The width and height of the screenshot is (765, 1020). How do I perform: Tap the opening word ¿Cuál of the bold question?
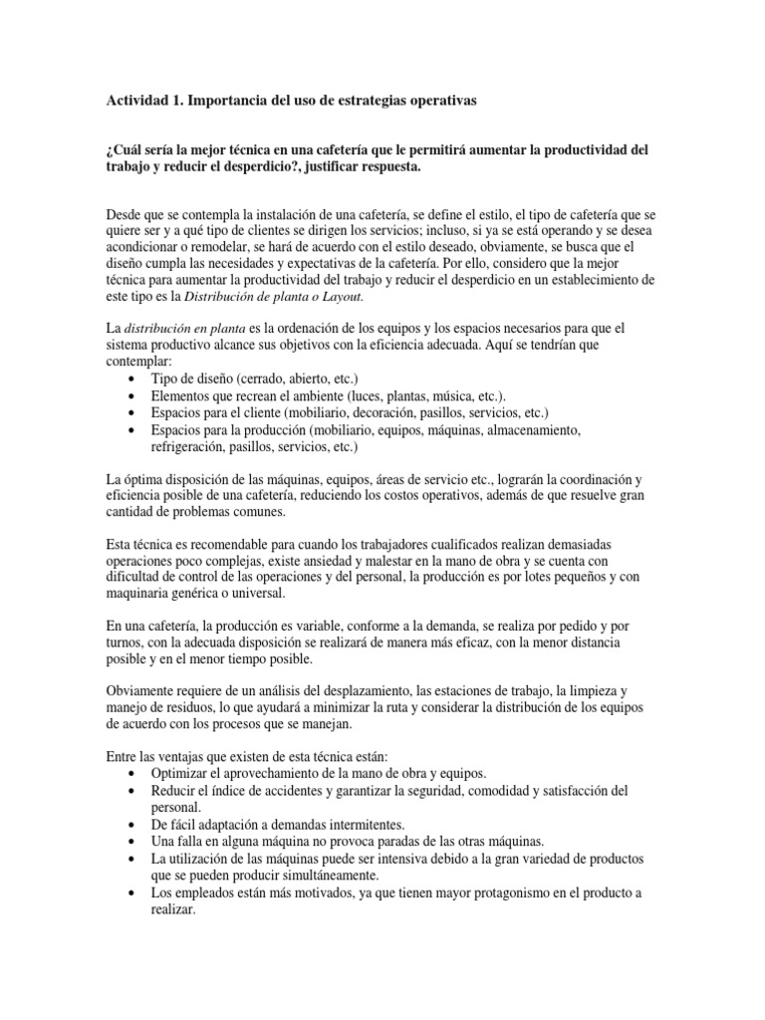[x=124, y=150]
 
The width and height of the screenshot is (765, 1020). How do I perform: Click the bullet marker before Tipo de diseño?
[x=134, y=380]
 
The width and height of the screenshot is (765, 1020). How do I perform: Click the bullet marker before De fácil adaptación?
[x=134, y=826]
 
